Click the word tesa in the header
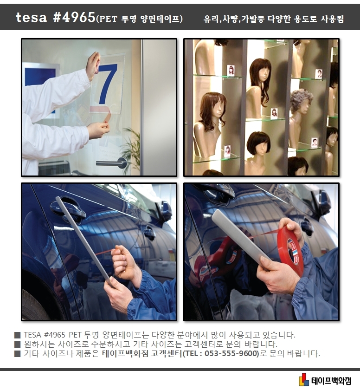[31, 18]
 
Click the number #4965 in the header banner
[74, 18]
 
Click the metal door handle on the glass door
[111, 162]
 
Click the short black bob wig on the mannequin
[258, 142]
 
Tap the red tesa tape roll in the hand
[290, 251]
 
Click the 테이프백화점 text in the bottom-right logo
[331, 380]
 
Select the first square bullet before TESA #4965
[17, 335]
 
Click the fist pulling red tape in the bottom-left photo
[122, 260]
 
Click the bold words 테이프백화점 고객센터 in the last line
[141, 353]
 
